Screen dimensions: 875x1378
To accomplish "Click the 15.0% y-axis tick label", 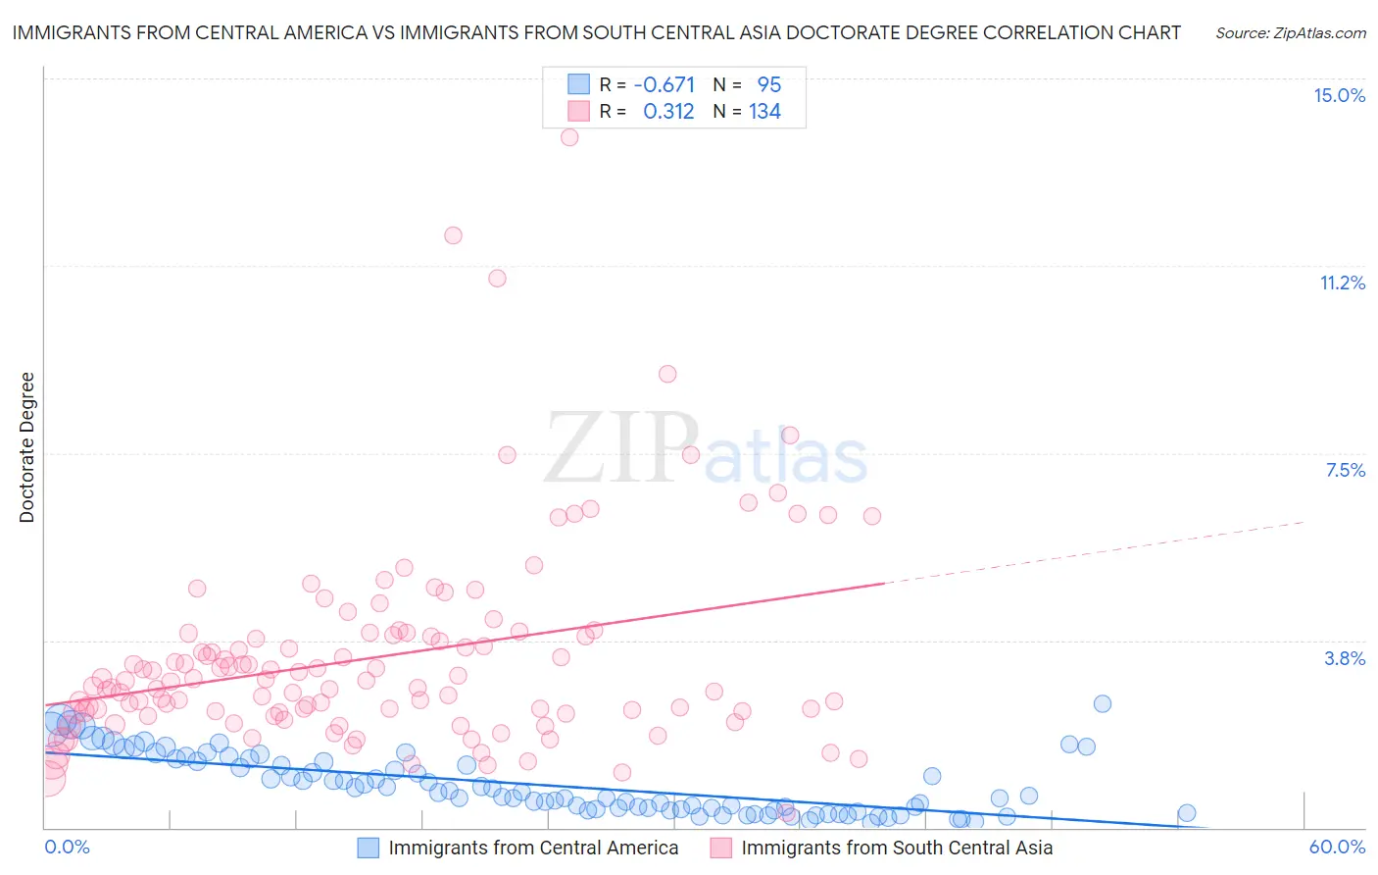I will tap(1339, 95).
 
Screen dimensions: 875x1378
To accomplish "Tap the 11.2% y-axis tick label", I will tap(1342, 283).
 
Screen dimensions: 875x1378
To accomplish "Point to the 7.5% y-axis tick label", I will tap(1345, 470).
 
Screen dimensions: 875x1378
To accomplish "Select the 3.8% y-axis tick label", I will tap(1345, 658).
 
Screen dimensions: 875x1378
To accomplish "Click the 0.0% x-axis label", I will tap(67, 847).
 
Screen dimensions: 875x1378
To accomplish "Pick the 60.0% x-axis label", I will tap(1337, 847).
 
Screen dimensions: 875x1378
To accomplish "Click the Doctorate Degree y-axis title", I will tap(26, 447).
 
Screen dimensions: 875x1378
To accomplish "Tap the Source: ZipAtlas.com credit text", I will tap(1290, 32).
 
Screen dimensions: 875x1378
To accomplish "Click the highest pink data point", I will tap(569, 137).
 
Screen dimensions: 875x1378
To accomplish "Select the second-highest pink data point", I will tap(453, 235).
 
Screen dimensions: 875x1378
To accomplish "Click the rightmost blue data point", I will tap(1186, 812).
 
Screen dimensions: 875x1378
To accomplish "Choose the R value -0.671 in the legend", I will tap(664, 84).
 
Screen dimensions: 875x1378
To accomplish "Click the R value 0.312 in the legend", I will tap(668, 112).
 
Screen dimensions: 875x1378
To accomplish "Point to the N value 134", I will tap(764, 112).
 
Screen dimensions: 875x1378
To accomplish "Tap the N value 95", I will tap(768, 84).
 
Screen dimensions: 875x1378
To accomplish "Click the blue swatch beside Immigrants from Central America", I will tap(369, 848).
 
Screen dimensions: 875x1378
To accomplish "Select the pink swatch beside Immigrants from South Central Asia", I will tap(721, 848).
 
